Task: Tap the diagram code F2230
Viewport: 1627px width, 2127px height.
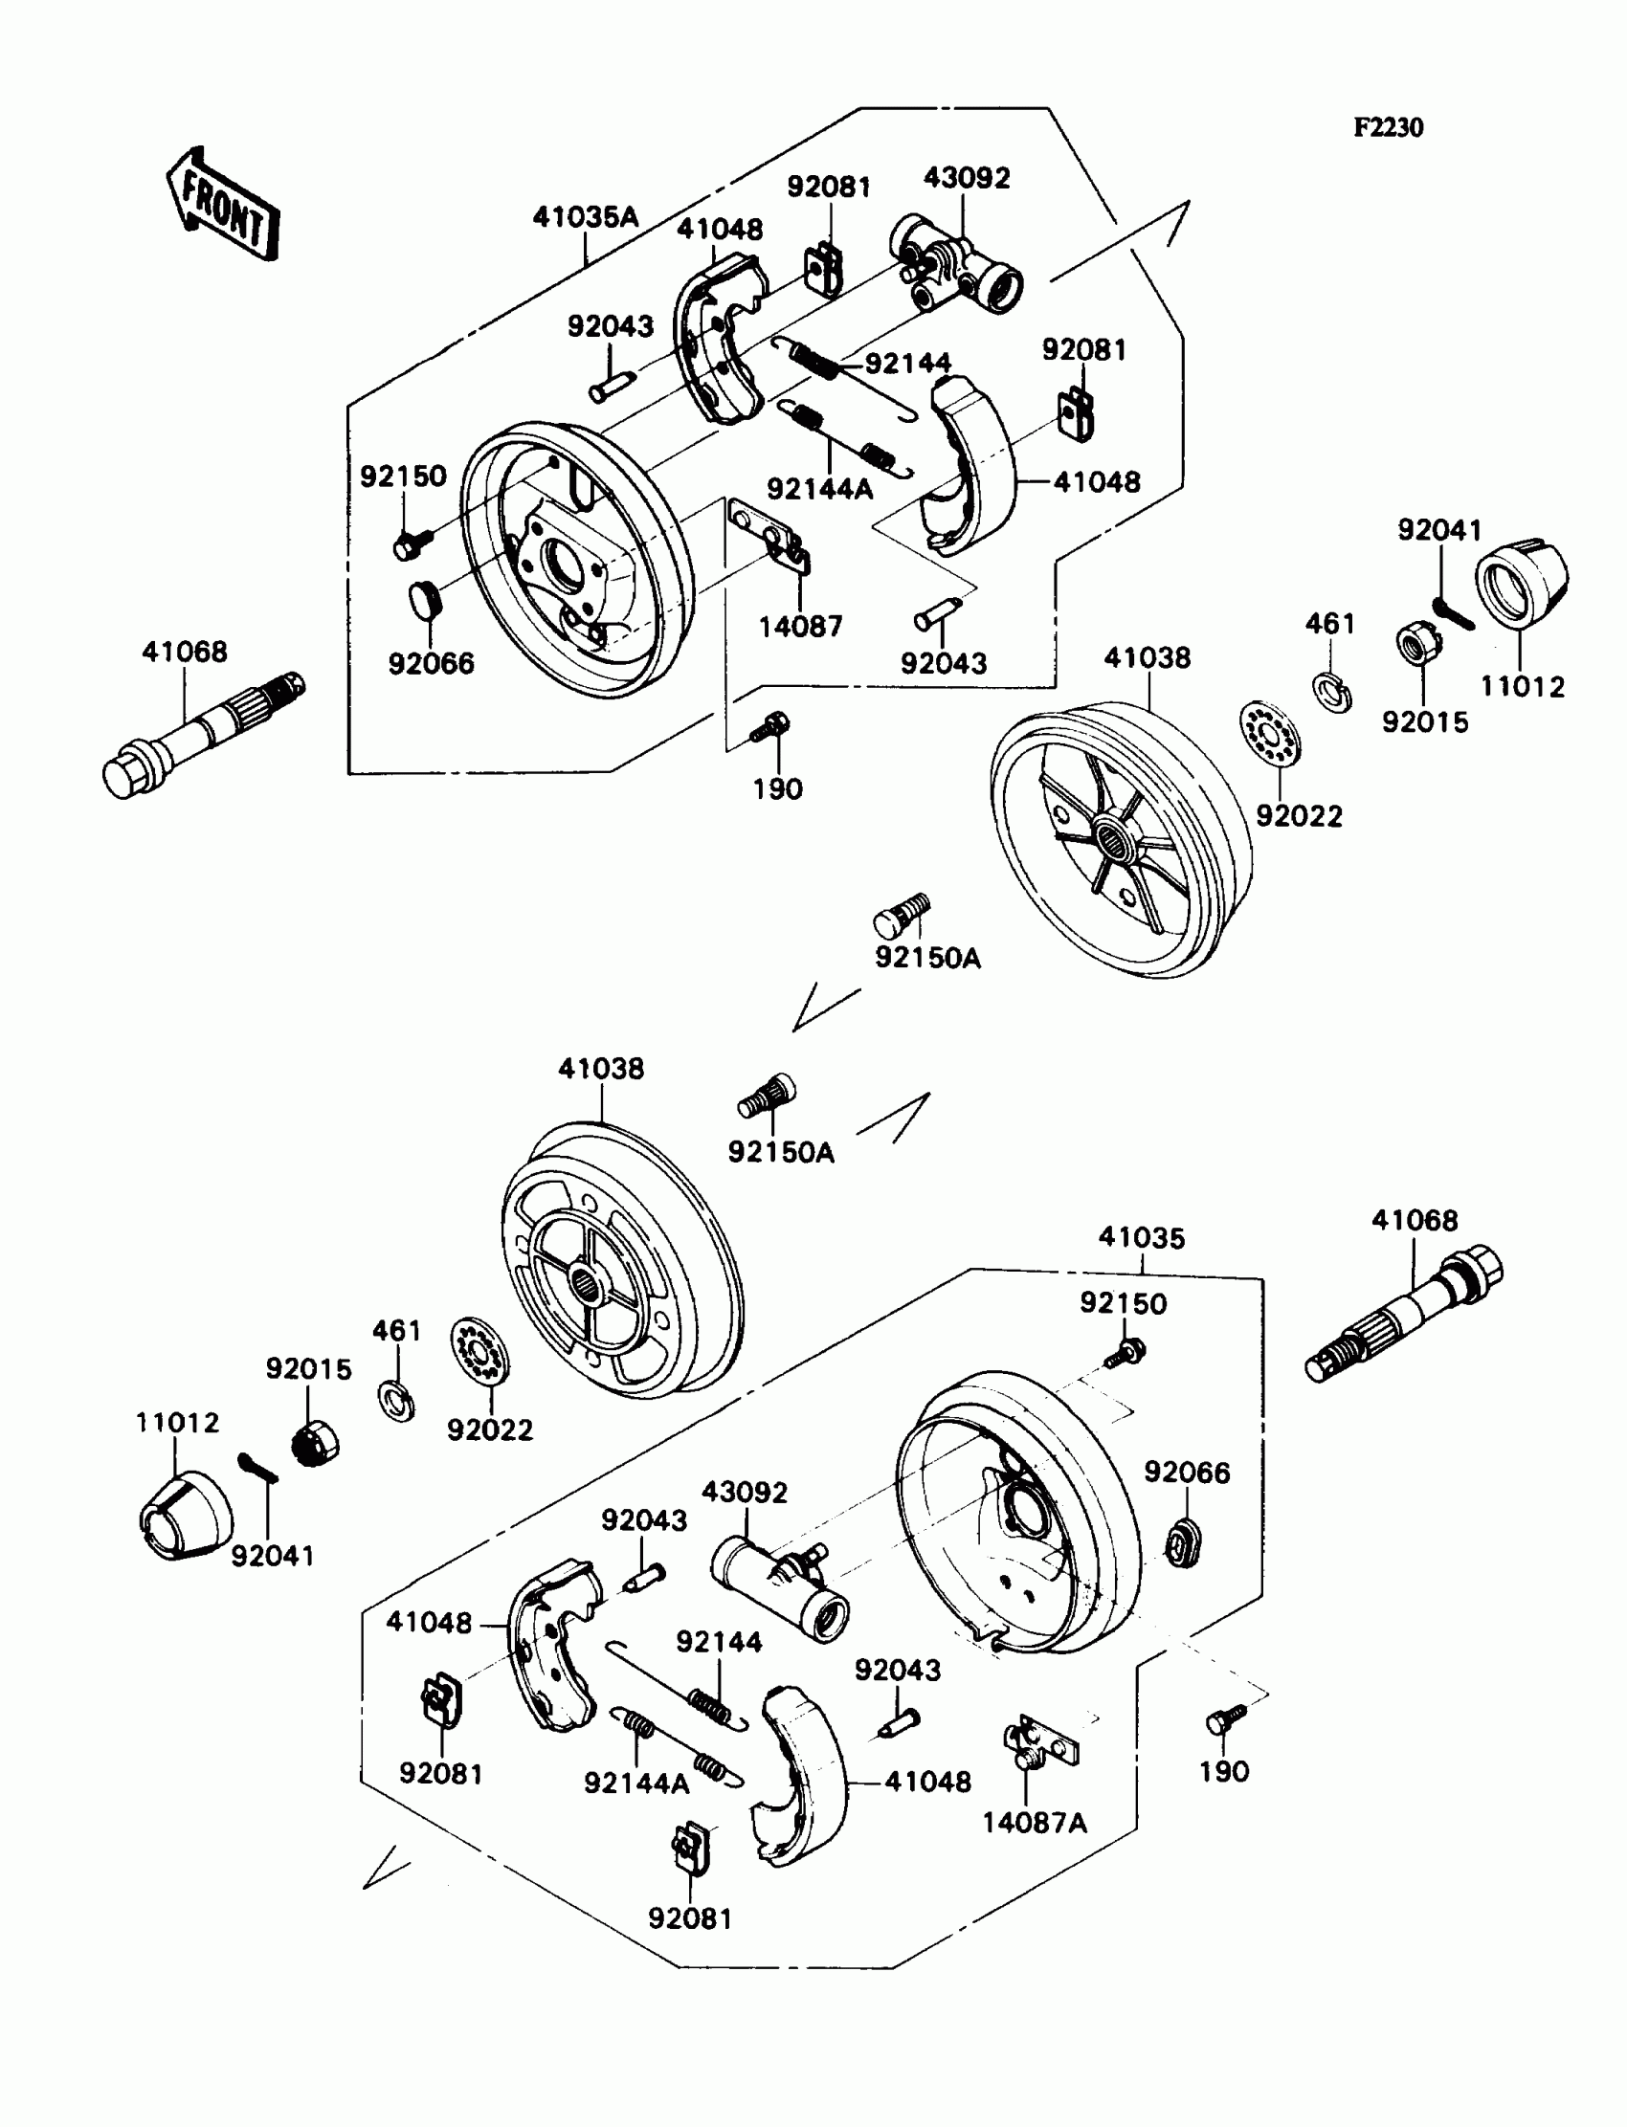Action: (1389, 128)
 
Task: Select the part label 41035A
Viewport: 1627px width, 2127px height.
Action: (585, 217)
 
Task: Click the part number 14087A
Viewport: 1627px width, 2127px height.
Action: (1035, 1823)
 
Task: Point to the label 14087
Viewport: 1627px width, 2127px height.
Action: (800, 627)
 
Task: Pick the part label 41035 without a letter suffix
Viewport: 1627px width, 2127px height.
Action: (1142, 1237)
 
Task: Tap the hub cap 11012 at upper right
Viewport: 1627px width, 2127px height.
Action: (1521, 580)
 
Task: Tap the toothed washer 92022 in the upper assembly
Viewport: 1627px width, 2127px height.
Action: (1270, 734)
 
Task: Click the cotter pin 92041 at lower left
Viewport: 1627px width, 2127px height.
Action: (257, 1469)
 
